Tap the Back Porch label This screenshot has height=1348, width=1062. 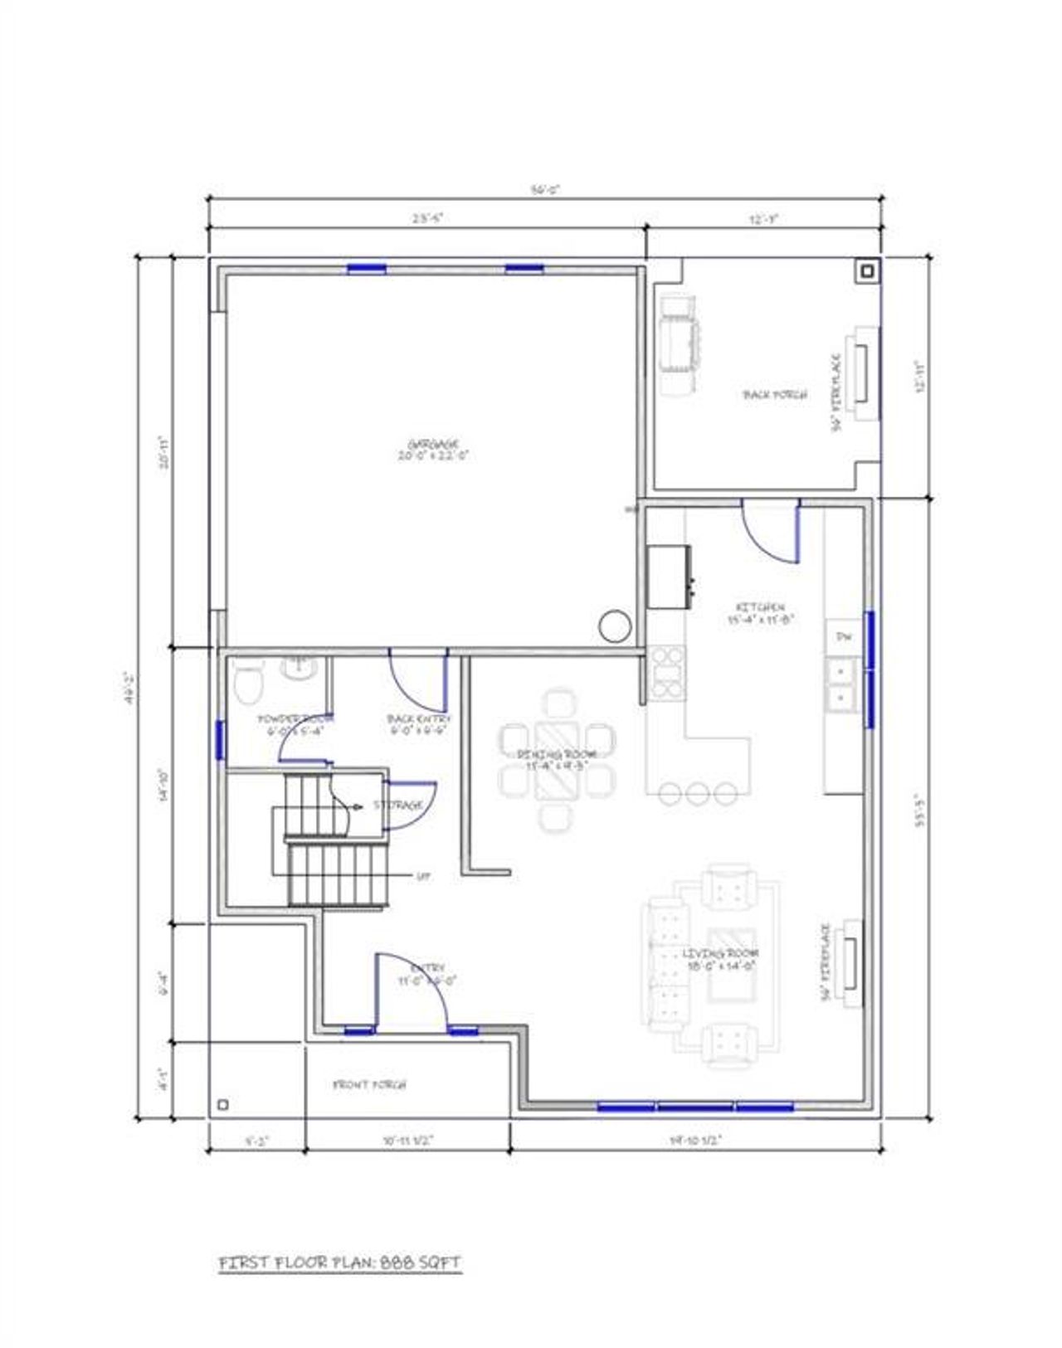click(775, 395)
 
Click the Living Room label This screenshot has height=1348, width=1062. click(720, 954)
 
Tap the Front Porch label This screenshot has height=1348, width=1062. click(369, 1084)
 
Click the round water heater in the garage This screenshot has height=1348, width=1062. click(616, 625)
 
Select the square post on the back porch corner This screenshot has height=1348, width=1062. click(867, 271)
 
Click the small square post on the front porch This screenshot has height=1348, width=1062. click(222, 1104)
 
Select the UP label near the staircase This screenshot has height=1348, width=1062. click(423, 875)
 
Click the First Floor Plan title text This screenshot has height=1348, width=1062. click(339, 1263)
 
